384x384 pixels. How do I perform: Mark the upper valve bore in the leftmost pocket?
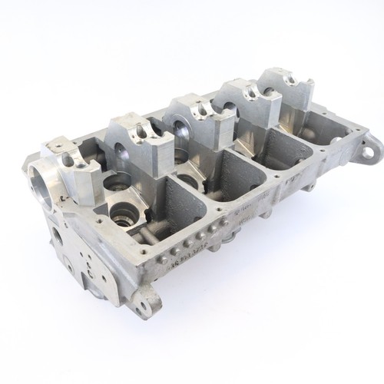point(119,183)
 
